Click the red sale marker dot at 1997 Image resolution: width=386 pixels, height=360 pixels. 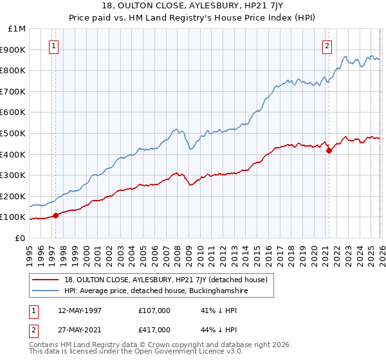click(55, 215)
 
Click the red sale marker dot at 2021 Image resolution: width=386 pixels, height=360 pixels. click(329, 151)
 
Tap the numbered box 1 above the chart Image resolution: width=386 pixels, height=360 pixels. click(53, 46)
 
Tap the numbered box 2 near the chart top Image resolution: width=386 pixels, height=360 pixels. click(327, 46)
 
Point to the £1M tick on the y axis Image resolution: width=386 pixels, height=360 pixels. click(17, 29)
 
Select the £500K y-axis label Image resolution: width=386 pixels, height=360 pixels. click(14, 133)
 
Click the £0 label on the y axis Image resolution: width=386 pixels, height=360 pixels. click(20, 238)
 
